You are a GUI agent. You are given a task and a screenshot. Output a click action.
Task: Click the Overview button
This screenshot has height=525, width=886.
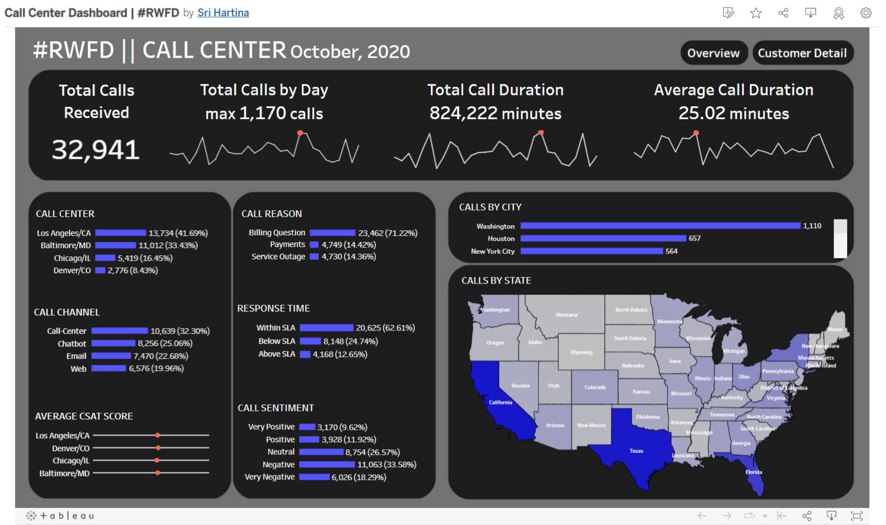(x=713, y=53)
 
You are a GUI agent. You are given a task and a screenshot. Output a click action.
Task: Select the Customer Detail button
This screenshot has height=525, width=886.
(x=802, y=53)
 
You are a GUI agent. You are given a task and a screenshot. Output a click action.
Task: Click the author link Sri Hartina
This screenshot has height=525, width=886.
(x=223, y=13)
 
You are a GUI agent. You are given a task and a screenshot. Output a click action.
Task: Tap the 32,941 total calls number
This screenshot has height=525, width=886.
(x=96, y=150)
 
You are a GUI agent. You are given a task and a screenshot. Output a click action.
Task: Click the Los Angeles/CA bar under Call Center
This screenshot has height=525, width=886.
(x=120, y=233)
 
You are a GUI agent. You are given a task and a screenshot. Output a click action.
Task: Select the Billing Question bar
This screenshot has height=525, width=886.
(x=332, y=233)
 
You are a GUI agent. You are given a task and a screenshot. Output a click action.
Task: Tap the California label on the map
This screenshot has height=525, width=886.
(x=500, y=402)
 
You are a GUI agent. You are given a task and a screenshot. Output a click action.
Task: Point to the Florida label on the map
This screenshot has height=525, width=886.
(x=754, y=472)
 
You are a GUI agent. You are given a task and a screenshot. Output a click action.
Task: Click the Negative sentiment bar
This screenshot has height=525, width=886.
(x=327, y=464)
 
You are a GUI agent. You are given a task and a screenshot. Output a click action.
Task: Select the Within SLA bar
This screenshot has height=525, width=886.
(x=326, y=328)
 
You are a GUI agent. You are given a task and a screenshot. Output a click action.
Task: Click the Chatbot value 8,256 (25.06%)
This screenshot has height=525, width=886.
(x=165, y=344)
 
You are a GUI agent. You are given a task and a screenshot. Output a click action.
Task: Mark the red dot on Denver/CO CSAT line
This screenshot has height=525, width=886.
(x=158, y=448)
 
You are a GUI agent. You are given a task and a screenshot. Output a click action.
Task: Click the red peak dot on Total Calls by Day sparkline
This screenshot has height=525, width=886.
(x=300, y=133)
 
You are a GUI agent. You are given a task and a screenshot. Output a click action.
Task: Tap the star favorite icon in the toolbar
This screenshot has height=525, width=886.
(x=756, y=13)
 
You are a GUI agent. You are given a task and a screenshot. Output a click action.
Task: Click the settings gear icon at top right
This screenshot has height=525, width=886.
(x=865, y=13)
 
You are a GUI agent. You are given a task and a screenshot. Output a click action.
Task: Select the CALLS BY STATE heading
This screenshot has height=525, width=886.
(x=496, y=281)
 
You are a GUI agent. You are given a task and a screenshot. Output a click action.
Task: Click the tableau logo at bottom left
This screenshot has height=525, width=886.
(x=60, y=516)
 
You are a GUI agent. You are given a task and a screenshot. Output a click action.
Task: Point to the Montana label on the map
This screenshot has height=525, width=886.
(x=566, y=315)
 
